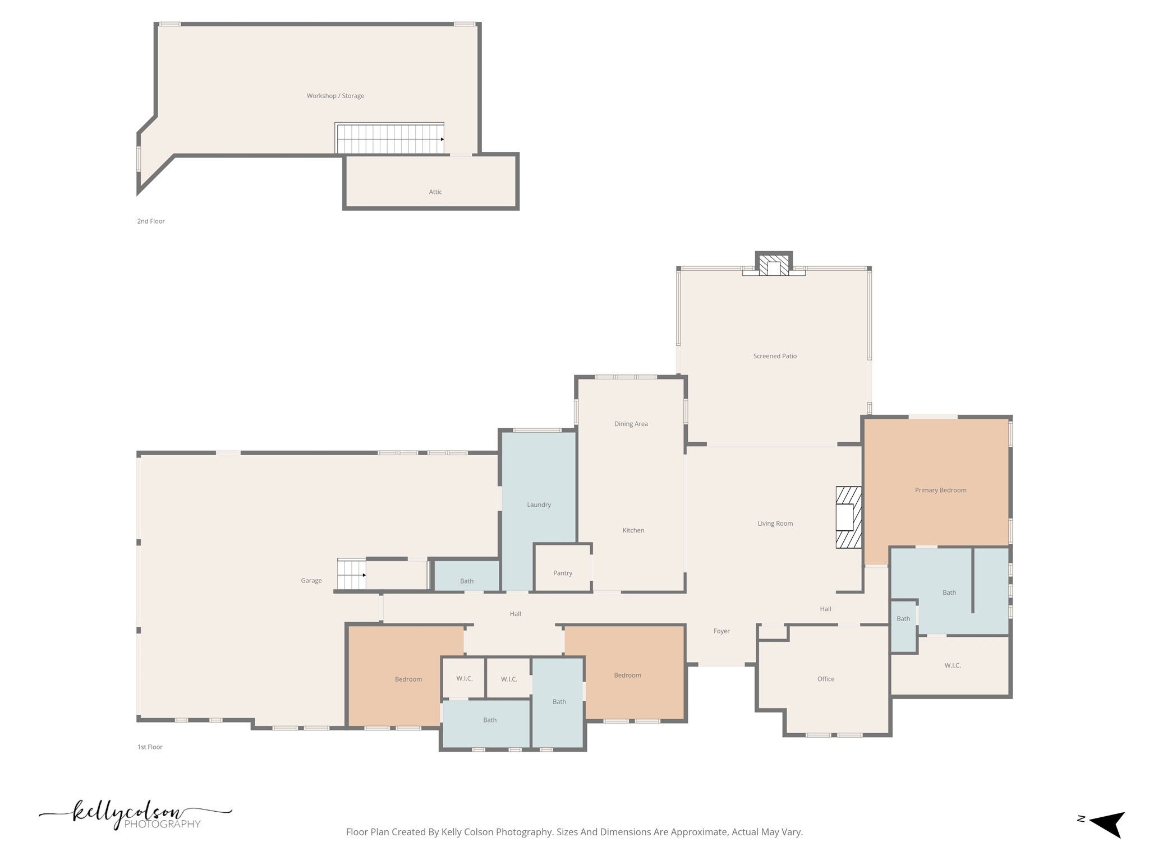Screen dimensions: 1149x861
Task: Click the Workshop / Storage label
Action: pos(335,96)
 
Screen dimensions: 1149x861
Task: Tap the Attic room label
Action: pos(435,192)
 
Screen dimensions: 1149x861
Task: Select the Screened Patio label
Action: pos(775,356)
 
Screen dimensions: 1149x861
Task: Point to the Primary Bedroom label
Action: pos(940,490)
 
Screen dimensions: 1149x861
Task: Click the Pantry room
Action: pos(563,567)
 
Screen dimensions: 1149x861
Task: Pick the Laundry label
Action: pos(539,504)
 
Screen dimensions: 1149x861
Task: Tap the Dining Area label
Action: pos(631,424)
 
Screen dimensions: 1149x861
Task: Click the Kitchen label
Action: pos(633,530)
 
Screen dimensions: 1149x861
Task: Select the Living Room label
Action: pos(775,524)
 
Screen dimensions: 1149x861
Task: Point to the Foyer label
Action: pos(721,631)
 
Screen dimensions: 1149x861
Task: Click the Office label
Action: pos(826,679)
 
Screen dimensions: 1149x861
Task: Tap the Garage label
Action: pos(311,581)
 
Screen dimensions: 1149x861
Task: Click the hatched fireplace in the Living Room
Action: pos(848,517)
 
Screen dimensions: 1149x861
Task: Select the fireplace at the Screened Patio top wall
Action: pos(774,263)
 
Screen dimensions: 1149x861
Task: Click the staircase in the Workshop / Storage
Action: pos(390,138)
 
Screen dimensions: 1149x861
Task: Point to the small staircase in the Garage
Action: pos(351,574)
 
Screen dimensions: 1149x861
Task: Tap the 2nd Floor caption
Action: pos(151,221)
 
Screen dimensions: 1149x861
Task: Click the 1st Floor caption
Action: pos(150,747)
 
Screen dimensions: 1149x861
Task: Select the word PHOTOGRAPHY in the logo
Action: pos(162,824)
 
